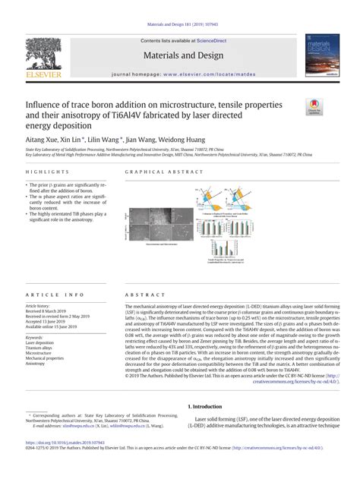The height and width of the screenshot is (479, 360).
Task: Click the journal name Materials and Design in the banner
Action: pos(180,55)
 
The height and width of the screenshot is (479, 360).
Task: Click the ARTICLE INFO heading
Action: pos(49,293)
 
